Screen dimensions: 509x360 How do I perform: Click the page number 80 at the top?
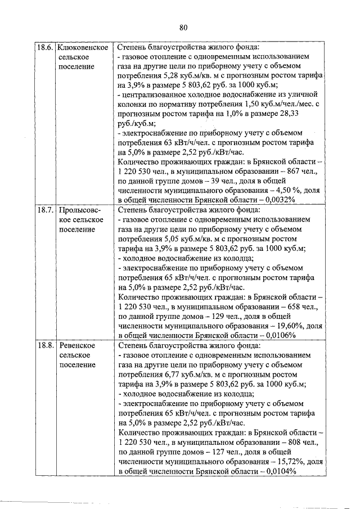click(183, 27)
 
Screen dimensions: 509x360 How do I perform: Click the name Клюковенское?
click(83, 48)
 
